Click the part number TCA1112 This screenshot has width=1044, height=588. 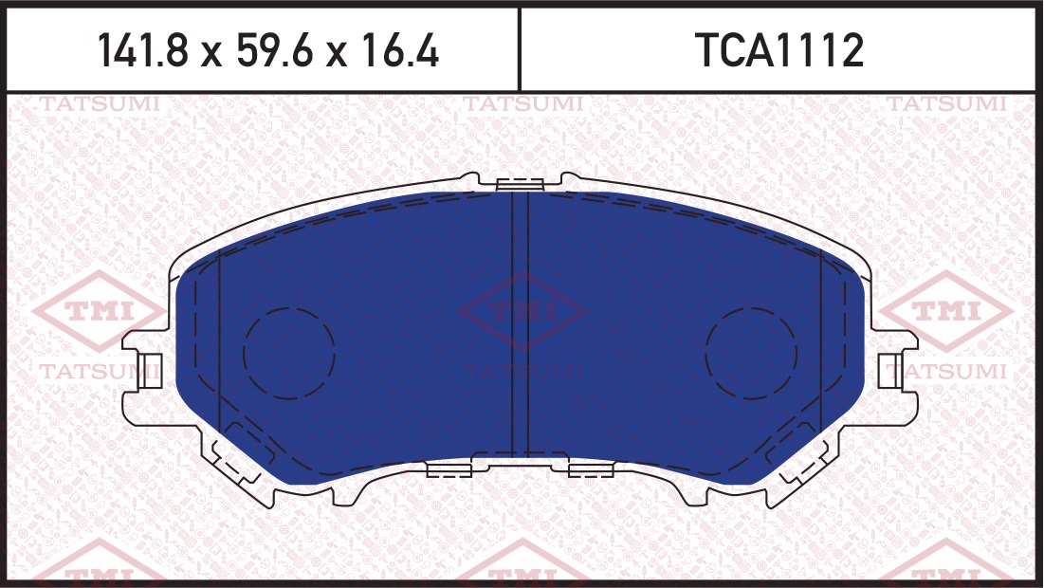point(779,50)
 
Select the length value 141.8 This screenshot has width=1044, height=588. point(143,50)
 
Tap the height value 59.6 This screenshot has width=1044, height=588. point(274,50)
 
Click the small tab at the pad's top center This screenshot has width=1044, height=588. point(521,184)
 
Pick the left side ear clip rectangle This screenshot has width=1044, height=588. point(151,371)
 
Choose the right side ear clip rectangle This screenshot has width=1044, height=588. point(891,371)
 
